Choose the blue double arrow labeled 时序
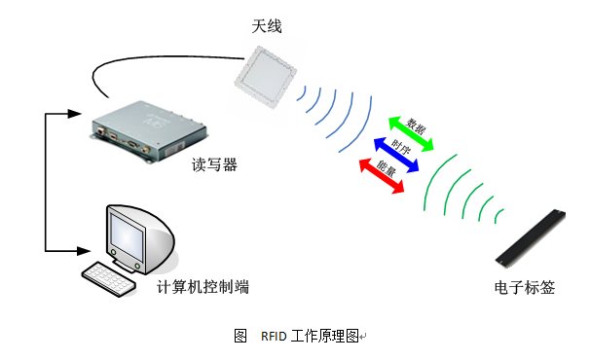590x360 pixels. tap(397, 154)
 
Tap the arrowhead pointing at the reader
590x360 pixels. tap(71, 113)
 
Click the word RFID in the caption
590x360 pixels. tap(275, 337)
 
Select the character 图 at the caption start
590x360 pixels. tap(240, 337)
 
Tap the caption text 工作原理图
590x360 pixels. tap(323, 337)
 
